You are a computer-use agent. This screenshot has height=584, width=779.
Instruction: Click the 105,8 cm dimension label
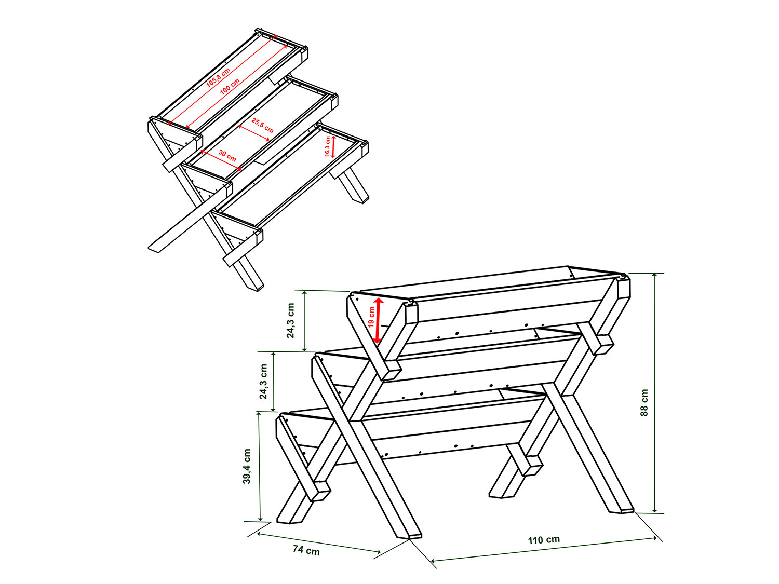[x=218, y=77]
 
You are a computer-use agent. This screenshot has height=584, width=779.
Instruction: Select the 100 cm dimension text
[x=230, y=86]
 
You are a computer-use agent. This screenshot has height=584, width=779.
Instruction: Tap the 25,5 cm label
[x=262, y=125]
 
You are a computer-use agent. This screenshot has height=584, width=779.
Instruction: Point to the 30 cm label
[x=227, y=155]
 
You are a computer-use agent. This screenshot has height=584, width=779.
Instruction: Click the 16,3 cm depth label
[x=327, y=146]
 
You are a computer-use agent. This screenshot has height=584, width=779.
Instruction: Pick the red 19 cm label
[x=371, y=317]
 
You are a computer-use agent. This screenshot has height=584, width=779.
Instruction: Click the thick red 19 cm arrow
[x=378, y=320]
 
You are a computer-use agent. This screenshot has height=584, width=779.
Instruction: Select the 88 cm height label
[x=644, y=402]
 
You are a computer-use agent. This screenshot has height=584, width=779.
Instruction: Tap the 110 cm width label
[x=544, y=540]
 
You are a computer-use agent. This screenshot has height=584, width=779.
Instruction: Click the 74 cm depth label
[x=306, y=550]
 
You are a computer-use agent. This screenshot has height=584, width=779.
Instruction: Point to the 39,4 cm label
[x=247, y=466]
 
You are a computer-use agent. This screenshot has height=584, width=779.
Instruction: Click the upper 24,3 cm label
[x=290, y=320]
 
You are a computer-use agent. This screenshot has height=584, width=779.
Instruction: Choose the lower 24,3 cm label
[x=263, y=382]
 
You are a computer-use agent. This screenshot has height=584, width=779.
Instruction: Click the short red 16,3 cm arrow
[x=333, y=146]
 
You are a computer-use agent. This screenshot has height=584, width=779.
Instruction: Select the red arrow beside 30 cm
[x=221, y=160]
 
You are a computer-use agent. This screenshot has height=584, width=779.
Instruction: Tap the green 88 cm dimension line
[x=655, y=393]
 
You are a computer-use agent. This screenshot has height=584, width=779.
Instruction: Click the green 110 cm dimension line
[x=544, y=550]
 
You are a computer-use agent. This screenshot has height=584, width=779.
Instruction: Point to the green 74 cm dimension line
[x=319, y=542]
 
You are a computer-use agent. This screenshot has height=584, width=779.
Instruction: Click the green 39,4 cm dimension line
[x=260, y=466]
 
